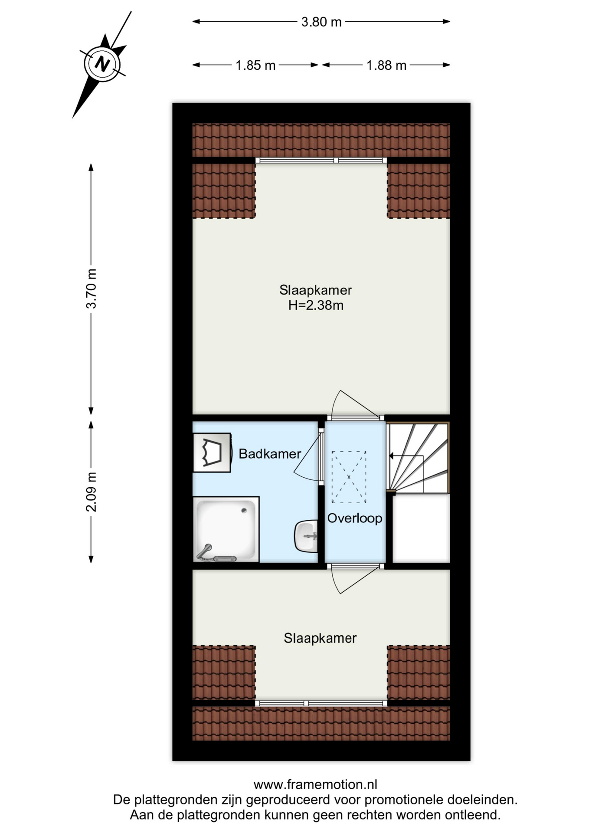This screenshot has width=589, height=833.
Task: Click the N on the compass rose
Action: (103, 64)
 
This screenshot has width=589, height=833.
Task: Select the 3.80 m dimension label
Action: (321, 22)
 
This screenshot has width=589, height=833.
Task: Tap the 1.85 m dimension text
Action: (255, 65)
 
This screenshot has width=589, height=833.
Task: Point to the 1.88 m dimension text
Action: (386, 65)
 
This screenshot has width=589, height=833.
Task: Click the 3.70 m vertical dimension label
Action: (91, 289)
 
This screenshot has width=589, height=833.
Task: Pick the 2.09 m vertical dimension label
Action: (91, 492)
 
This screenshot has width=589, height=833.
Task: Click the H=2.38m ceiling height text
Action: (316, 305)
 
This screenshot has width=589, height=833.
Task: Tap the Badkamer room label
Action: (270, 454)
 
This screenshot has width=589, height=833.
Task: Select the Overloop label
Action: (355, 518)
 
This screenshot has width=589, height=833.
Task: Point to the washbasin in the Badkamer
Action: (306, 536)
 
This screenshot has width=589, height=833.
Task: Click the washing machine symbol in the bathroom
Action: (212, 453)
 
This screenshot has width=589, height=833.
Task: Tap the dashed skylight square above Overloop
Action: (349, 477)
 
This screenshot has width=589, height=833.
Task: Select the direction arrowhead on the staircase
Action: (392, 456)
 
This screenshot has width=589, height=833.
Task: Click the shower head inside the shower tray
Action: (204, 551)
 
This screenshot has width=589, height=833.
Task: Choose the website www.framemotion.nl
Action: (315, 784)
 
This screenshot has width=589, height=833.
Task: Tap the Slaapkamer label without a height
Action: (320, 638)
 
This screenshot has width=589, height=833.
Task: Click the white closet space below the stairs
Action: (421, 528)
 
